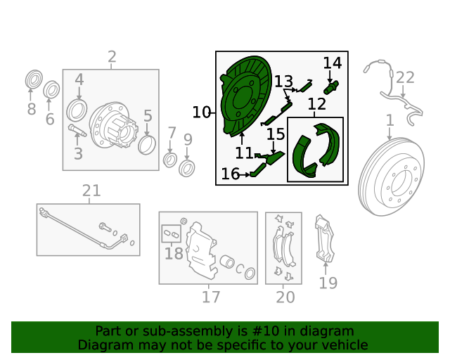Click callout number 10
tap(201, 112)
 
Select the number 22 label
tap(406, 77)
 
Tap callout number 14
tap(333, 63)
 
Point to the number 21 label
tap(91, 191)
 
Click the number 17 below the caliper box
tap(211, 297)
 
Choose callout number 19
tap(328, 283)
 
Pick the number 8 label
tap(32, 109)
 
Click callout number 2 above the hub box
tap(112, 57)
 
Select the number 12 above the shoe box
tap(317, 105)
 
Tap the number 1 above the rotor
tap(390, 121)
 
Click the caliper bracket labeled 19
tap(325, 239)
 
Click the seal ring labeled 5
tap(148, 145)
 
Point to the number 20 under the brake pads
tap(285, 297)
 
